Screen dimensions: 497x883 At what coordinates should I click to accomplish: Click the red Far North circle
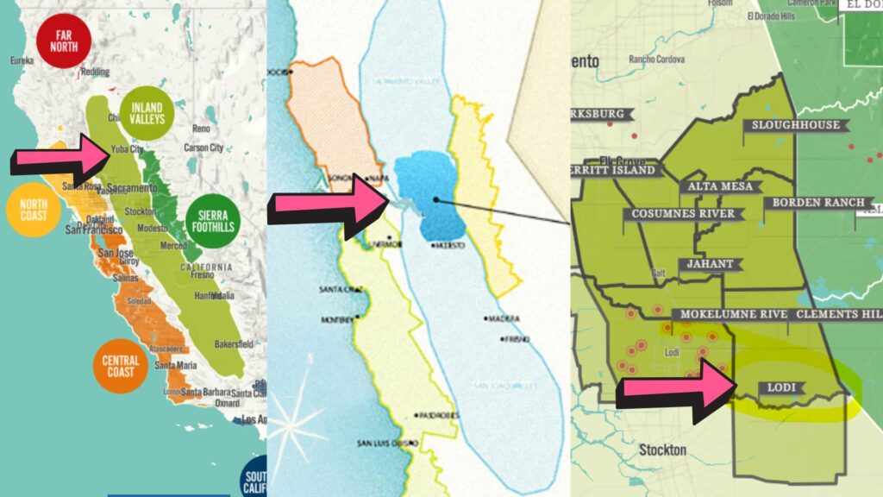[63, 41]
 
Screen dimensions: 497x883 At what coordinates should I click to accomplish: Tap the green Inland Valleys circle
[147, 113]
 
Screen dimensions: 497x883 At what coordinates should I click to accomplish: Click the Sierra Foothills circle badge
[212, 222]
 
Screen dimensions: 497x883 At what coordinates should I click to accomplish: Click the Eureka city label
[22, 61]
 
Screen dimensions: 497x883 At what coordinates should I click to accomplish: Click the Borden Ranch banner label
[818, 203]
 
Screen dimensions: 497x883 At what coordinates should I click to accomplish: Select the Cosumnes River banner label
[682, 214]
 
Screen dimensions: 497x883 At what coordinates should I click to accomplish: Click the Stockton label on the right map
[663, 450]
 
